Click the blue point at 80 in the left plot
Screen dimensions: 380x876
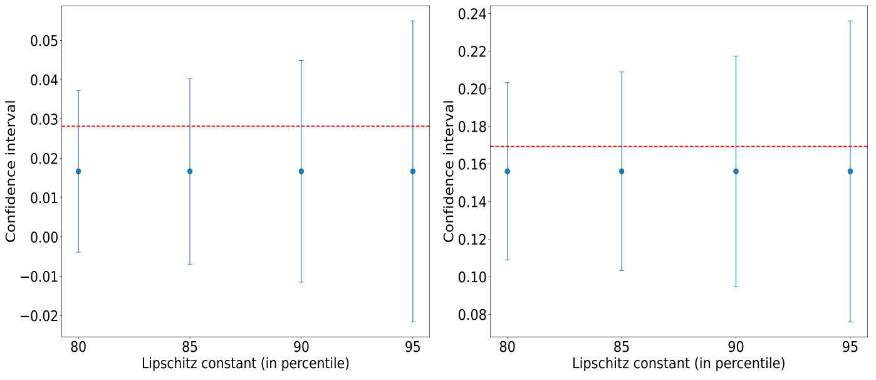(x=78, y=171)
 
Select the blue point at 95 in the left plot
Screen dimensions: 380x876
(x=412, y=171)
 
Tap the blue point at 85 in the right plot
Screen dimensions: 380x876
(x=622, y=171)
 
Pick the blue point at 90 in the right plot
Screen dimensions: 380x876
(x=736, y=171)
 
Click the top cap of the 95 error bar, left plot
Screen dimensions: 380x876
(x=412, y=21)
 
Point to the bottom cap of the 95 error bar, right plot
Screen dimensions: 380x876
(x=850, y=322)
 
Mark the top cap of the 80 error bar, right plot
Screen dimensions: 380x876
(x=507, y=82)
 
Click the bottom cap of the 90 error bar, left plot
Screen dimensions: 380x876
(x=301, y=282)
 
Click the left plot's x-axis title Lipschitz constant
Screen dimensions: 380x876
(x=245, y=364)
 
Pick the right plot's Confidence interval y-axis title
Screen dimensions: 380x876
(x=449, y=171)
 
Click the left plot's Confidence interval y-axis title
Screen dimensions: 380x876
(x=11, y=171)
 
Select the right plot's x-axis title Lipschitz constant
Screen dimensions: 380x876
(x=678, y=364)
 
